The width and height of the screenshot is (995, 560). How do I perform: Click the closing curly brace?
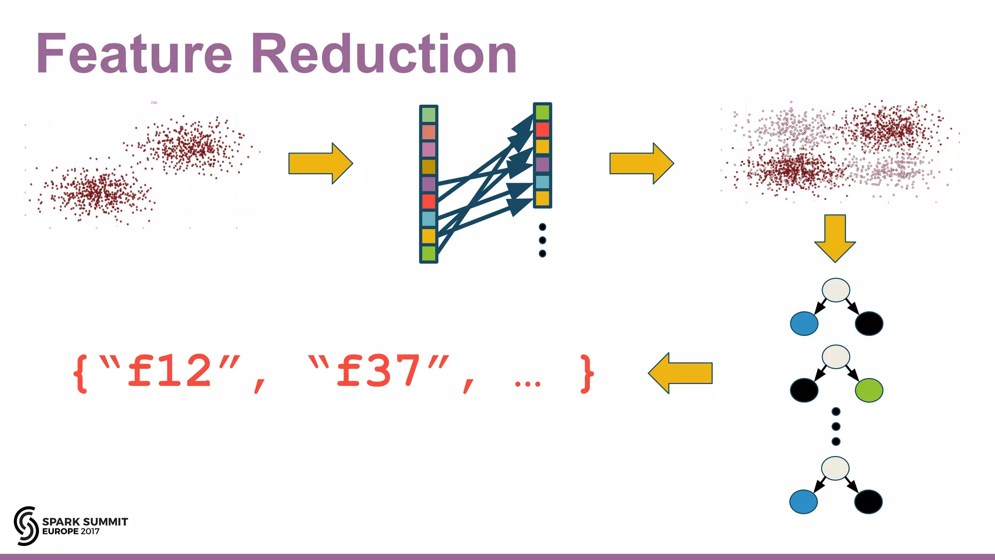point(587,373)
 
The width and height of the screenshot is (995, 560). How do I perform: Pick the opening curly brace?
point(81,373)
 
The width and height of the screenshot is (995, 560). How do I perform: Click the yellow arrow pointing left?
point(680,373)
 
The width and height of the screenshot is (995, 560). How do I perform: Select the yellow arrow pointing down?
point(835,238)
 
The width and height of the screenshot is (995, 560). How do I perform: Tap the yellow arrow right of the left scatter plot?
point(320,163)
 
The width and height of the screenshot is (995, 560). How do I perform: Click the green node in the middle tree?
point(869,390)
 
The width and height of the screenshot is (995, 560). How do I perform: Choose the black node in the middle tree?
point(804,390)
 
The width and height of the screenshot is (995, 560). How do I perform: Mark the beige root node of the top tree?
point(836,290)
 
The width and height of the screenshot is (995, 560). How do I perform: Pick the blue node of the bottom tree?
point(804,502)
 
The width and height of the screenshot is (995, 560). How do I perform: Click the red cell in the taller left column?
point(429,201)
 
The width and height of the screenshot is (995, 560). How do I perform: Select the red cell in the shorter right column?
point(542,130)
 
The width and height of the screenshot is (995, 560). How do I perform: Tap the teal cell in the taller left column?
point(429,219)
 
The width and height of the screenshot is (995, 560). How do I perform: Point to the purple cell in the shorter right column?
point(542,164)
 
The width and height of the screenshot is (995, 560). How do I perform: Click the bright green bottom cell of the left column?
point(429,253)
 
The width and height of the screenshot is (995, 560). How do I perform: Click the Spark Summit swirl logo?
point(26,525)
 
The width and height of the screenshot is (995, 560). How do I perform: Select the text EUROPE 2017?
point(71,532)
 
